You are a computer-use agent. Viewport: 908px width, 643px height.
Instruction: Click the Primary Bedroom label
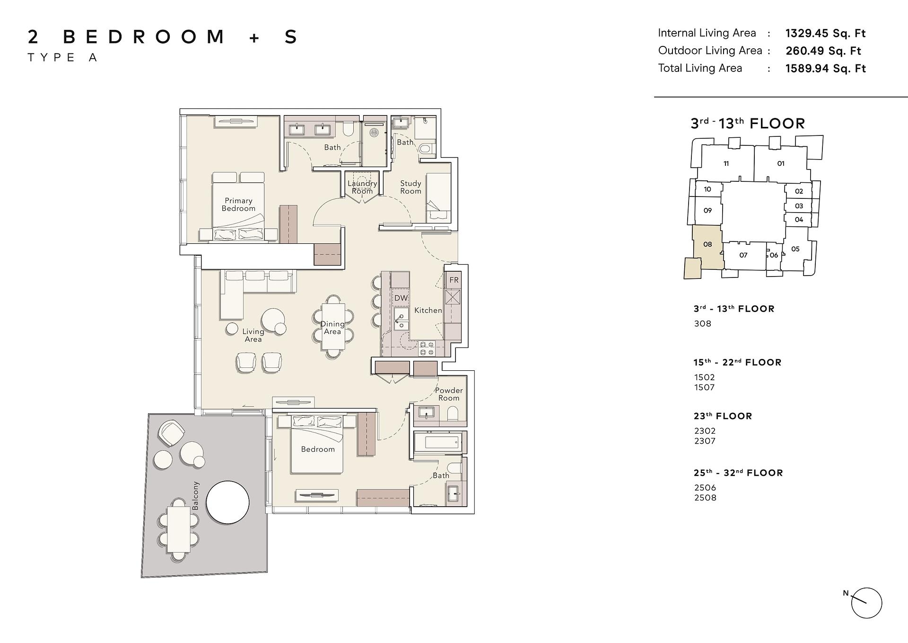tap(238, 205)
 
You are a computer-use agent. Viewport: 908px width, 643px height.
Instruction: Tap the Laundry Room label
tap(362, 187)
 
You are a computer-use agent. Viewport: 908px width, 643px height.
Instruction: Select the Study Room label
tap(410, 187)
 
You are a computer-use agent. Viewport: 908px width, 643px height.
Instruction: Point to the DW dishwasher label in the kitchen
tap(401, 298)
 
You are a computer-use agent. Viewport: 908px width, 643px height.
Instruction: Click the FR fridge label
tap(454, 280)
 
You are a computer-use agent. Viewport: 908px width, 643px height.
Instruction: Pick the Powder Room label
tap(449, 394)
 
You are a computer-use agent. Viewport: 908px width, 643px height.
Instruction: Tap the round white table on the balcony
tap(228, 502)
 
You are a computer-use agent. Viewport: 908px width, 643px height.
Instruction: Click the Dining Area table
tap(332, 327)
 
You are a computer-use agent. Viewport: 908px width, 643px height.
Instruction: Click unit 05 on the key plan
tap(795, 249)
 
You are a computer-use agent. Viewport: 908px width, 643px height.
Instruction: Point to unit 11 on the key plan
tap(726, 164)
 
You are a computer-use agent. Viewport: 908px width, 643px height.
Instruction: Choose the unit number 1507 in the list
tap(704, 387)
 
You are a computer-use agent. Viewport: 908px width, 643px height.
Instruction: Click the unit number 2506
tap(705, 487)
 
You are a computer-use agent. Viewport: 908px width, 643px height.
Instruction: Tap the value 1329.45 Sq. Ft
tap(825, 33)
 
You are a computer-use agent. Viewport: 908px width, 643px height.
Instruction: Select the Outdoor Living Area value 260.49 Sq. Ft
tap(823, 51)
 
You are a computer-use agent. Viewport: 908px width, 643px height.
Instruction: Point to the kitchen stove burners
tap(427, 348)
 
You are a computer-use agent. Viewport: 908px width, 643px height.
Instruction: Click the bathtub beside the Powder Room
tap(440, 443)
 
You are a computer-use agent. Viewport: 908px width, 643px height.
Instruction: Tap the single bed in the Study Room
tap(438, 197)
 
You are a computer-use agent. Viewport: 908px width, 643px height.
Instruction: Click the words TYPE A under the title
tap(62, 58)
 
